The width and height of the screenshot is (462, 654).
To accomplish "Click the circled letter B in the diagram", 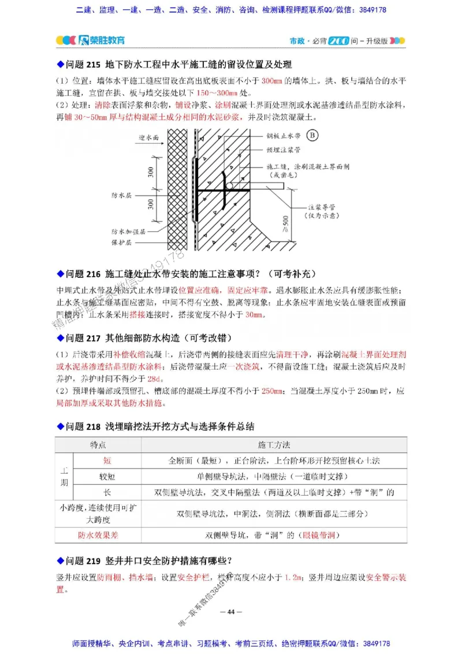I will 312,136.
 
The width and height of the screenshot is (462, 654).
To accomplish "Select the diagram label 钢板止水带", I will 284,137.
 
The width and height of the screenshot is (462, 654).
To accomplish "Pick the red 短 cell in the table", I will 107,461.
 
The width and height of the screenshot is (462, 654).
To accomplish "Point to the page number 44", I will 231,612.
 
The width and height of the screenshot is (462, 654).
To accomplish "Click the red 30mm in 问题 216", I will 254,315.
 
